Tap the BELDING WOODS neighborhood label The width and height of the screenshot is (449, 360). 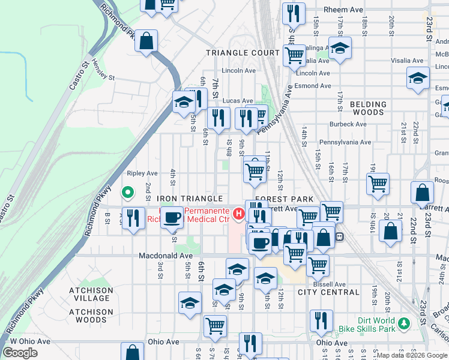coord(368,108)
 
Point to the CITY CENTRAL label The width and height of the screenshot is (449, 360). coord(328,293)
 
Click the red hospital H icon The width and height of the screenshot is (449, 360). coord(238,213)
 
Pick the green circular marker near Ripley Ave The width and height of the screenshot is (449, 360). coord(127,193)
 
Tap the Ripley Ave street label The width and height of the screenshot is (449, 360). coord(142,173)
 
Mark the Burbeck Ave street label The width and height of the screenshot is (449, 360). coord(348,124)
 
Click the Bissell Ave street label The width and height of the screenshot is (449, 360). coord(331,284)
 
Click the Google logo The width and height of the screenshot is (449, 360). coord(20,353)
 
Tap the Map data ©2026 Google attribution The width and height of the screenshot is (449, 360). coord(412,355)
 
